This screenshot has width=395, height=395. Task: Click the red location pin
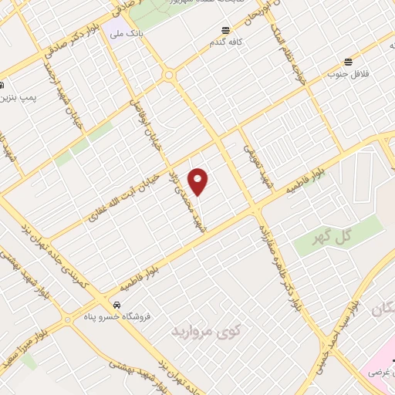pos(199,182)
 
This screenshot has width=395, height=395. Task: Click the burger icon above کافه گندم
pos(225,30)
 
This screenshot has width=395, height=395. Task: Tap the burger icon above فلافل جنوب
pos(349,62)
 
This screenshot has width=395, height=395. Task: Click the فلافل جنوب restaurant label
pos(346,74)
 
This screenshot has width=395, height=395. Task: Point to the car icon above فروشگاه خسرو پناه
pos(116,303)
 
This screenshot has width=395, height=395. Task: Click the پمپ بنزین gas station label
pos(17,99)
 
